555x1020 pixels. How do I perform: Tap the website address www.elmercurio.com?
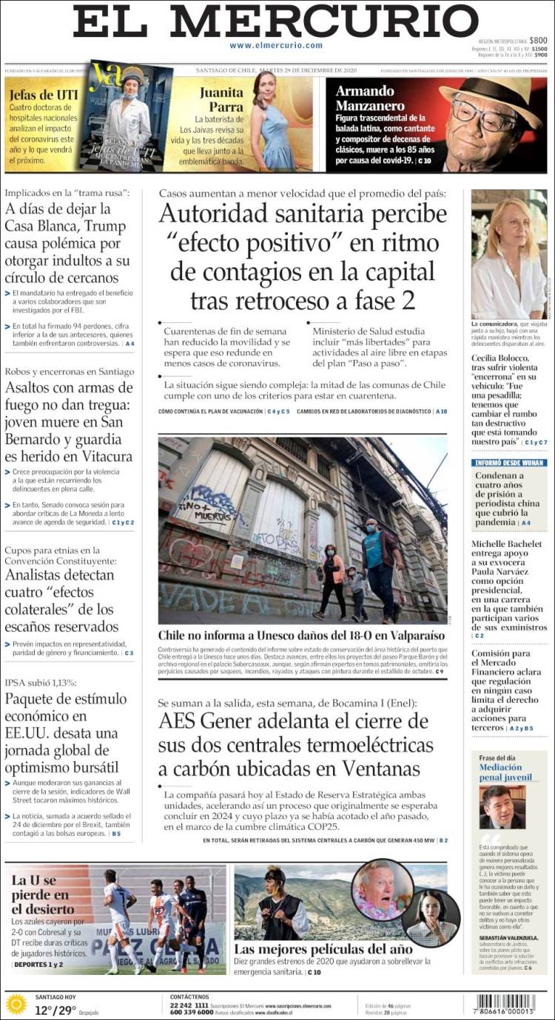click(x=275, y=46)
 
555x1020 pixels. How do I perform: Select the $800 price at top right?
click(x=538, y=41)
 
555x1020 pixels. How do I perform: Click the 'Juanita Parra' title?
click(x=221, y=99)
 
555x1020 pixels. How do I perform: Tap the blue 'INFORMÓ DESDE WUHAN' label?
click(x=509, y=463)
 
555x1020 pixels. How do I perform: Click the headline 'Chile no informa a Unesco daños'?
click(x=301, y=635)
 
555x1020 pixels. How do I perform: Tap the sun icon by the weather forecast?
click(x=16, y=1004)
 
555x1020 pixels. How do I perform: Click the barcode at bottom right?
click(x=505, y=1004)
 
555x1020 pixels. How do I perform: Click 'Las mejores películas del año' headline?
click(x=323, y=948)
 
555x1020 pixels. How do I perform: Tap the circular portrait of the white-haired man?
click(x=383, y=890)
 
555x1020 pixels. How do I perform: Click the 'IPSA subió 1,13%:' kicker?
click(x=41, y=682)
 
